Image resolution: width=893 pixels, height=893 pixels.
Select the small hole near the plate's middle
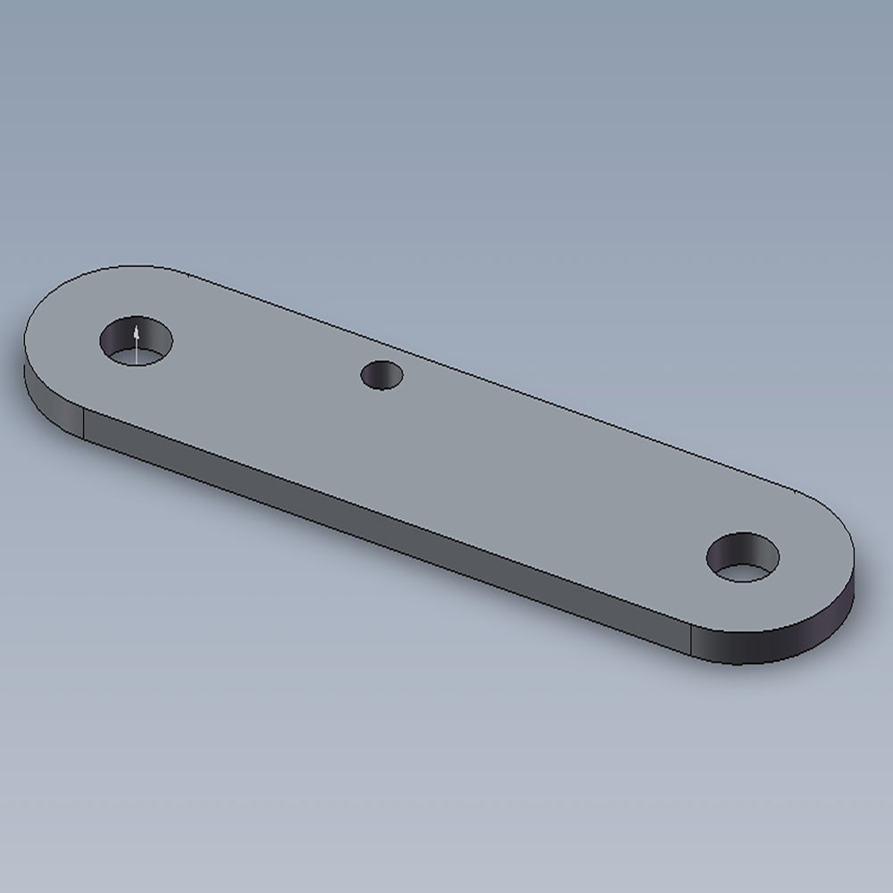point(382,374)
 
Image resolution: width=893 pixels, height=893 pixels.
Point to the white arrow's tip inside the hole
point(136,329)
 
